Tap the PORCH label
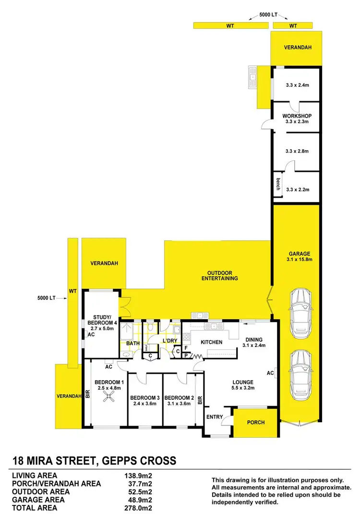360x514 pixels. (x=255, y=423)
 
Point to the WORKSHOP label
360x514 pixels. (x=297, y=116)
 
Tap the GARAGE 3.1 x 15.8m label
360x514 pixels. (x=300, y=257)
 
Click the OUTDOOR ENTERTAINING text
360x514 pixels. (x=220, y=275)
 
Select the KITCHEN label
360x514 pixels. (x=211, y=342)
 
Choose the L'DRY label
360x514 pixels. (x=170, y=341)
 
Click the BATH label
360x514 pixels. (x=132, y=343)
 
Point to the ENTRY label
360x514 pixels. (x=215, y=417)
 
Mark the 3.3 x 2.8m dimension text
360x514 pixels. (x=297, y=151)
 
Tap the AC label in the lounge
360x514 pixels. (x=270, y=372)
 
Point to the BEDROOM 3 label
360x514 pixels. (x=144, y=398)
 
